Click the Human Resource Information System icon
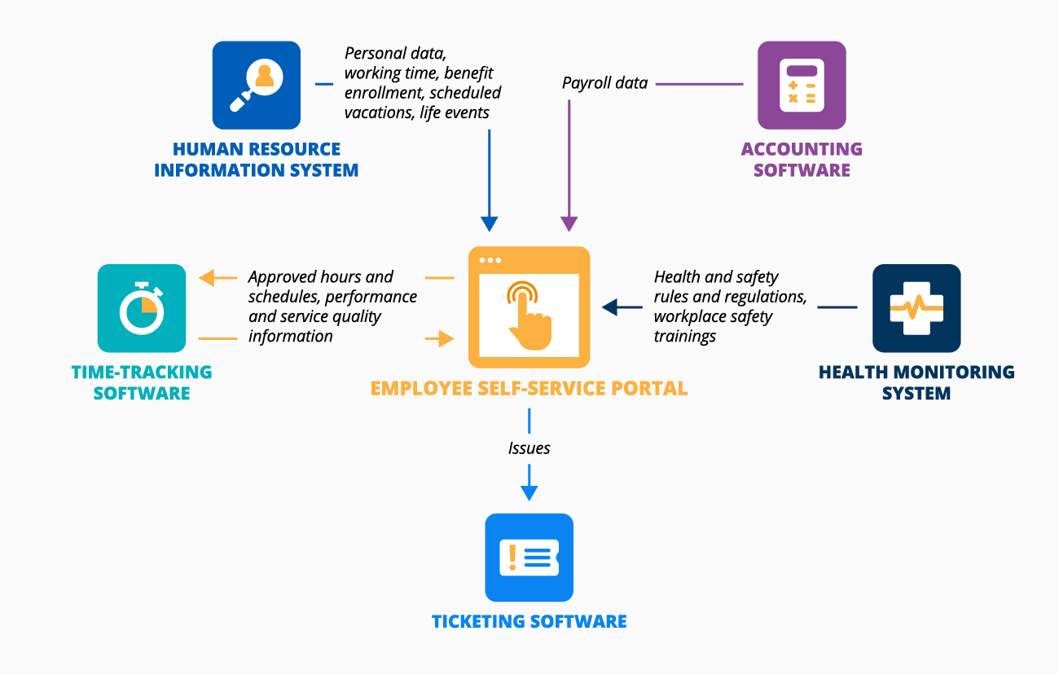click(256, 85)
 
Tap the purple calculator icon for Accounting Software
click(802, 85)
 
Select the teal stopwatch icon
click(142, 308)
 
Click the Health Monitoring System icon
click(916, 308)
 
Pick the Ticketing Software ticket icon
click(529, 557)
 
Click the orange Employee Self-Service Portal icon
click(529, 307)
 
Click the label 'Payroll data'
click(604, 83)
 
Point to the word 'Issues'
click(529, 448)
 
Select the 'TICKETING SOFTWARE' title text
click(529, 621)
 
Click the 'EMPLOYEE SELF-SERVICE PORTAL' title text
click(529, 388)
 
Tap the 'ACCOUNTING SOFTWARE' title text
click(802, 160)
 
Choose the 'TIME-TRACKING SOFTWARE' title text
click(142, 382)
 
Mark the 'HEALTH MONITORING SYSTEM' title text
click(916, 382)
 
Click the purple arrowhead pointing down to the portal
click(569, 223)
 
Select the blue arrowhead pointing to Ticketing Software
click(529, 492)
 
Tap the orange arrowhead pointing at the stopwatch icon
click(207, 278)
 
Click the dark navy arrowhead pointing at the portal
click(610, 307)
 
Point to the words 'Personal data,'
click(395, 54)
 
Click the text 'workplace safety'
click(713, 316)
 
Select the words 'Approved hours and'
click(320, 277)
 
